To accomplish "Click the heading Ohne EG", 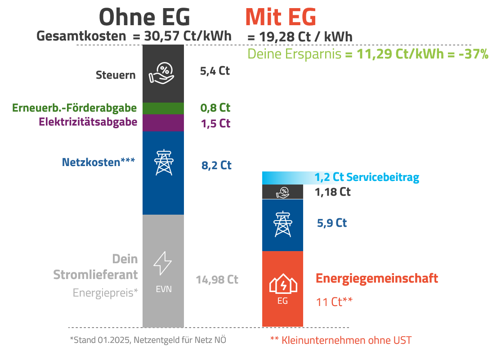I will click(144, 18).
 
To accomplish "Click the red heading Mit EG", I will click(281, 18).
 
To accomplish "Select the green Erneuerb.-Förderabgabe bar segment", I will click(163, 108).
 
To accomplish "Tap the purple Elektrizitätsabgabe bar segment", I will click(163, 122).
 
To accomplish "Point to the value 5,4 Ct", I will click(215, 71).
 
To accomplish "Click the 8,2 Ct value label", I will click(216, 165).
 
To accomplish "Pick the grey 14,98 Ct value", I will click(217, 279).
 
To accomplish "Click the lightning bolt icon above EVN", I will click(162, 263).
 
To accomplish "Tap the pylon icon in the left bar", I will click(163, 162).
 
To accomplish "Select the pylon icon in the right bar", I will click(282, 223).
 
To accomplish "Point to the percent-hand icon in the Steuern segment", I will click(161, 72).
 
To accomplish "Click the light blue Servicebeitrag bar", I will click(288, 178).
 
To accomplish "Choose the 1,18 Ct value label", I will click(333, 192).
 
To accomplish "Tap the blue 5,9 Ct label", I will click(332, 223).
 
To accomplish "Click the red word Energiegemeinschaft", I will click(377, 278).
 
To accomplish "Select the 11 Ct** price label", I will click(334, 301).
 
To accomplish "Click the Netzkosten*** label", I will click(98, 162).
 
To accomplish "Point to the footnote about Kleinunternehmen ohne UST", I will click(340, 340).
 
